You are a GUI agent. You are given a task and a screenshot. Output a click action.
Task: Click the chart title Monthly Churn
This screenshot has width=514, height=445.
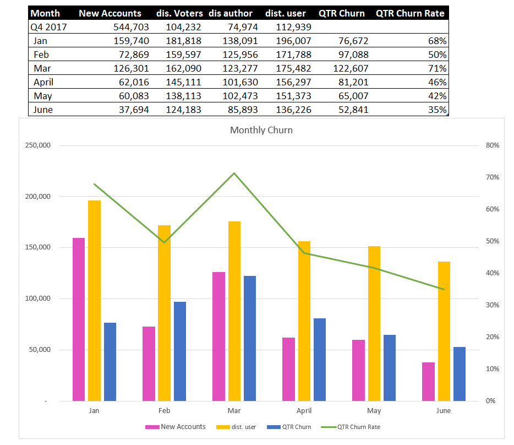pyautogui.click(x=261, y=131)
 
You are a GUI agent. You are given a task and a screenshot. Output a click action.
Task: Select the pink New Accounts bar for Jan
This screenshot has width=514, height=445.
pyautogui.click(x=79, y=319)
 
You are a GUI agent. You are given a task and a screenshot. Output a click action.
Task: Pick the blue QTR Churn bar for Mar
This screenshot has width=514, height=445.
pyautogui.click(x=250, y=338)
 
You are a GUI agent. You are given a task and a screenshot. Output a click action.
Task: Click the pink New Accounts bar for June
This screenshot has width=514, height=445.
pyautogui.click(x=428, y=381)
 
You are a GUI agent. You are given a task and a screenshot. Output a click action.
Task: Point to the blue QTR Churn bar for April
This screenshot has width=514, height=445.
pyautogui.click(x=319, y=359)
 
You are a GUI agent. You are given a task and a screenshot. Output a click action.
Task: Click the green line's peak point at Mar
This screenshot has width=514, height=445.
pyautogui.click(x=234, y=173)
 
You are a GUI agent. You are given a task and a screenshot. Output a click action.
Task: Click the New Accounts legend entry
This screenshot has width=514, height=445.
pyautogui.click(x=176, y=427)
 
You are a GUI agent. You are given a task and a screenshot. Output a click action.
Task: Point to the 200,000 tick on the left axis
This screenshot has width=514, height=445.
pyautogui.click(x=36, y=197)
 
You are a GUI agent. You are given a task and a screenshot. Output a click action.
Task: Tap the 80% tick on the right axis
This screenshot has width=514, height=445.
pyautogui.click(x=492, y=145)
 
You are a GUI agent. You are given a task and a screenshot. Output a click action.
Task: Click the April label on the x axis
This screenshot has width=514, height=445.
pyautogui.click(x=304, y=411)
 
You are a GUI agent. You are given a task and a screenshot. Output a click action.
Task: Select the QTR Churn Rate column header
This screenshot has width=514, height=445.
pyautogui.click(x=410, y=13)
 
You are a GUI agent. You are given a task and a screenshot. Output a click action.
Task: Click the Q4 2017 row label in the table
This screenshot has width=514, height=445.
pyautogui.click(x=48, y=27)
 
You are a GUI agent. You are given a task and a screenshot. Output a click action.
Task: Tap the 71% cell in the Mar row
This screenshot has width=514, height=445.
pyautogui.click(x=439, y=68)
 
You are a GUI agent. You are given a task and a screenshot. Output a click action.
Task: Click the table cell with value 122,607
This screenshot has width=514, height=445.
pyautogui.click(x=351, y=68)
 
